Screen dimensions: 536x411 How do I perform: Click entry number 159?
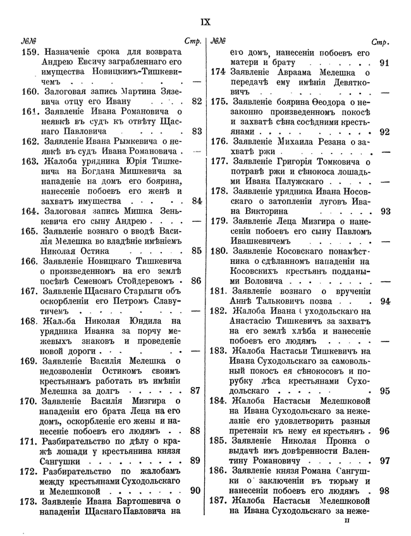coord(30,54)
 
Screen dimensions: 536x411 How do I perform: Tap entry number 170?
coord(30,400)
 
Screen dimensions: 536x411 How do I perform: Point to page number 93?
coord(384,211)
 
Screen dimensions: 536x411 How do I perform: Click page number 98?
coord(384,490)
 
